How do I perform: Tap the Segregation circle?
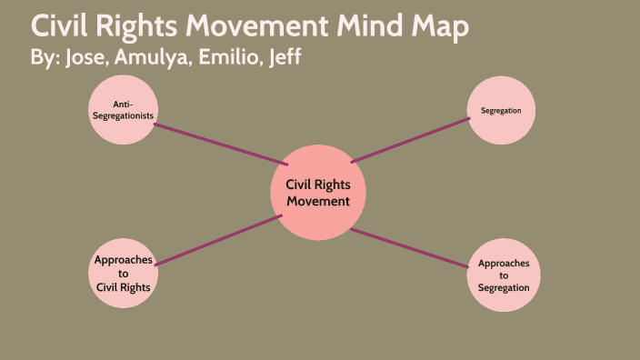click(500, 111)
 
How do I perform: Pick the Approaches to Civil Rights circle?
click(123, 274)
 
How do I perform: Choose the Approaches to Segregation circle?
click(503, 275)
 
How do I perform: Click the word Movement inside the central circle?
click(318, 202)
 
